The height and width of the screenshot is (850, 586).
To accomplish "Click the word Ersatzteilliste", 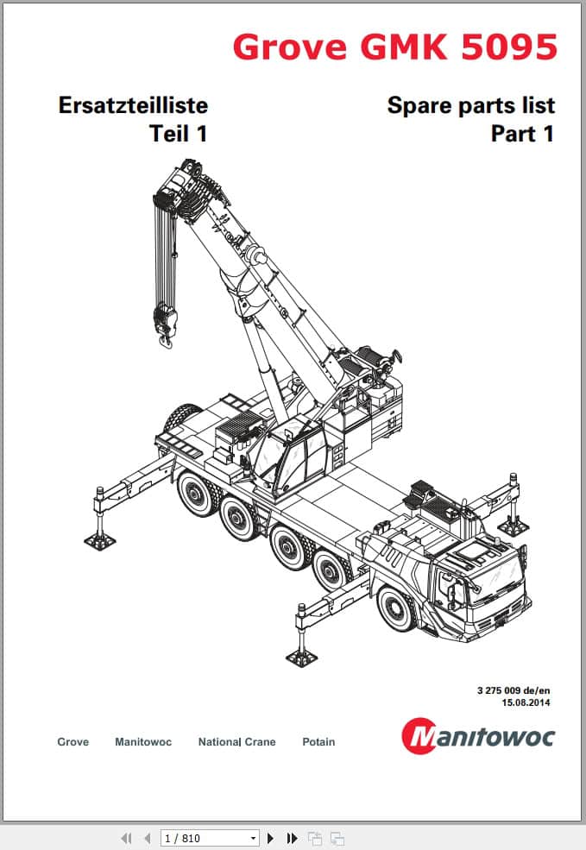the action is (133, 105).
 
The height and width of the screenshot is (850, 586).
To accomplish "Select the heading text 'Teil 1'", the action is (179, 134).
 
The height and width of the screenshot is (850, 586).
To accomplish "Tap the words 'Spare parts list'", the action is (471, 105).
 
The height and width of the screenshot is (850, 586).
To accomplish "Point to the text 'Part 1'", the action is (523, 134).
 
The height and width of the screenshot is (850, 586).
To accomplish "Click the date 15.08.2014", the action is (526, 702).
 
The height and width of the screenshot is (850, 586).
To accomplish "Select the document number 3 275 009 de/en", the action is (514, 690).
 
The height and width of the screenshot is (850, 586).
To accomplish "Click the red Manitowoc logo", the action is (478, 735).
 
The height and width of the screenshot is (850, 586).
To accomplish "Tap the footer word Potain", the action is (318, 741).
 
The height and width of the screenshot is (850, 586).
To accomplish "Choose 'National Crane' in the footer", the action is (236, 741).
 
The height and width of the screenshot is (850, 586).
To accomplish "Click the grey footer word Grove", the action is (72, 741).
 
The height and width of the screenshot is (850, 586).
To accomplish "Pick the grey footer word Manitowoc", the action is (143, 741).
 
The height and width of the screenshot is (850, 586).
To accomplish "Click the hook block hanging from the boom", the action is (165, 325).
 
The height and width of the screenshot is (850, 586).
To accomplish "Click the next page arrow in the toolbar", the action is (271, 838).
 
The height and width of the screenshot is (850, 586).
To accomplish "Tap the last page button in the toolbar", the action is (292, 838).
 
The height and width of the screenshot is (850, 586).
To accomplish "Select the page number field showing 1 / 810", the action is (210, 838).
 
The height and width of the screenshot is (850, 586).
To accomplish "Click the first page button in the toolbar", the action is (126, 838).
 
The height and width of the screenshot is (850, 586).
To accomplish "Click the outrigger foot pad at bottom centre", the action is (301, 658).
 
